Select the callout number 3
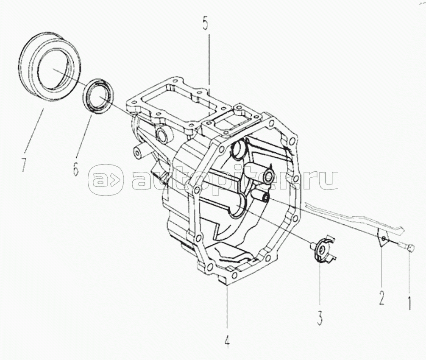(x=320, y=318)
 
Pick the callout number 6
(x=75, y=168)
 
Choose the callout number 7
(x=24, y=165)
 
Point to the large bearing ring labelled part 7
(x=50, y=67)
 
